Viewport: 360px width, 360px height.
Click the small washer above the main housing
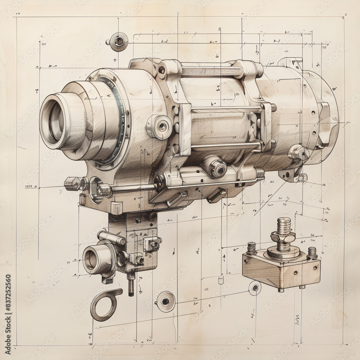click(118, 42)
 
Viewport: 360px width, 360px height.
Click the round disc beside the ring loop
click(166, 301)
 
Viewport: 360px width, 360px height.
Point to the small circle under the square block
click(255, 288)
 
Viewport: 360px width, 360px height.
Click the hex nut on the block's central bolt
click(283, 237)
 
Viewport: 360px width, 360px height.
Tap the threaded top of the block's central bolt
click(284, 224)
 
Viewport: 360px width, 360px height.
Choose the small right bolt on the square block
click(312, 252)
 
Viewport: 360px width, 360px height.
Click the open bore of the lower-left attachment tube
click(91, 260)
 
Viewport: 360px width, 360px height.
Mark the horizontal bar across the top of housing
click(212, 72)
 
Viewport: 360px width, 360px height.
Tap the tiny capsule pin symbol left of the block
click(221, 280)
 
